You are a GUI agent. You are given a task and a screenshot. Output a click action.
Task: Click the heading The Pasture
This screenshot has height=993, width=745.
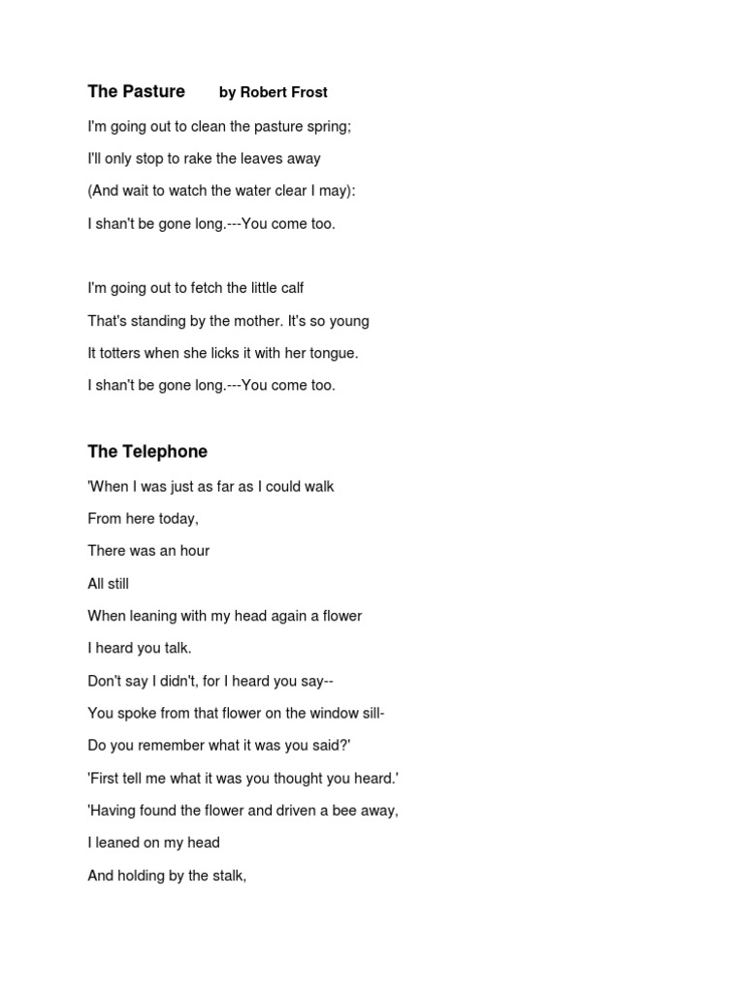[136, 92]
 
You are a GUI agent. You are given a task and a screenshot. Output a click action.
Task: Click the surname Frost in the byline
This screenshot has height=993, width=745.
[308, 93]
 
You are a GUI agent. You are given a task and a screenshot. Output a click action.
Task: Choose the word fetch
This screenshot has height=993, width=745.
[192, 288]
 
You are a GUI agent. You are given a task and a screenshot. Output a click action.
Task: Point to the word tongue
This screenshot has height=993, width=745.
[331, 354]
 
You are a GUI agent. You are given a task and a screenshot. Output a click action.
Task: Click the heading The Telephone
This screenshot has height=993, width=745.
[147, 452]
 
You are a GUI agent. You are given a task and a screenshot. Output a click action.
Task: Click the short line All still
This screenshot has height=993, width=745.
[108, 584]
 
